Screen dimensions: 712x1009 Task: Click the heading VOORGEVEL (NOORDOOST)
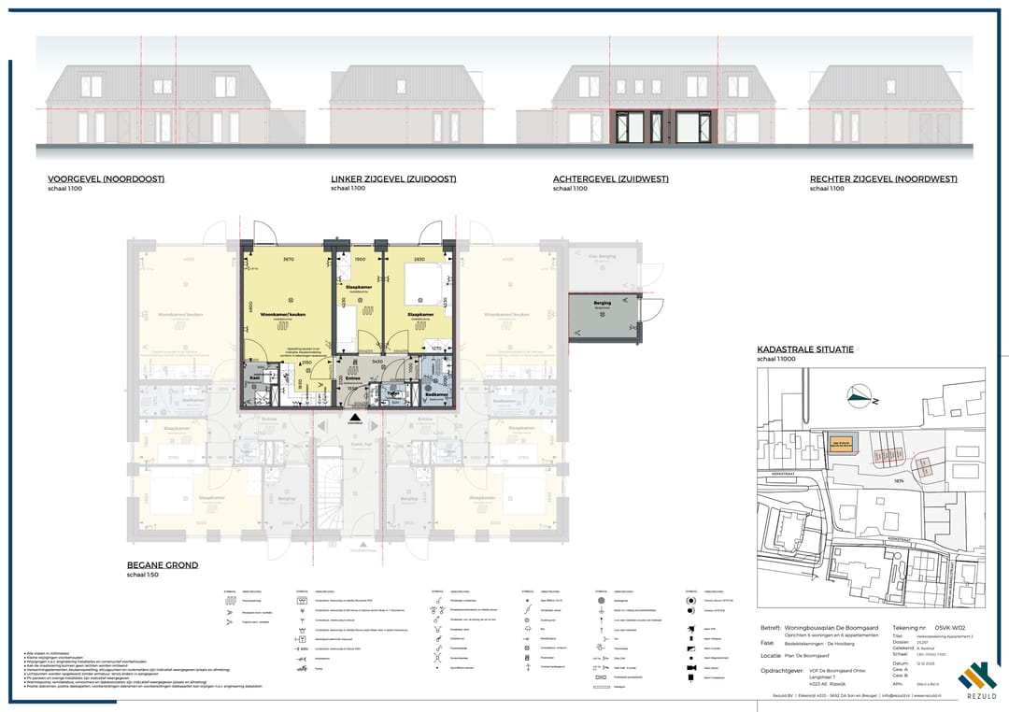[x=106, y=179]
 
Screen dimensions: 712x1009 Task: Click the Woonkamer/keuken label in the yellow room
[x=282, y=314]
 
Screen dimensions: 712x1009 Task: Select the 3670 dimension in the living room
[x=289, y=260]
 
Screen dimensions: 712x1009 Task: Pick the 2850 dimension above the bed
[x=419, y=260]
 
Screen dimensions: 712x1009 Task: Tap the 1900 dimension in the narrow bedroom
[x=360, y=260]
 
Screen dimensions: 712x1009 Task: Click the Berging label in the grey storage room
[x=603, y=304]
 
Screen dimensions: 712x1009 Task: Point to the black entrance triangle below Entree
[x=355, y=416]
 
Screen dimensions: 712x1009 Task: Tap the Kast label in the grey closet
[x=253, y=377]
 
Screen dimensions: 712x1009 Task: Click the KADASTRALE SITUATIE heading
[x=804, y=349]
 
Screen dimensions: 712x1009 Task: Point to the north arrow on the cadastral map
[x=858, y=396]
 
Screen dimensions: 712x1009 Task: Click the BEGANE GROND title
[x=162, y=565]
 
